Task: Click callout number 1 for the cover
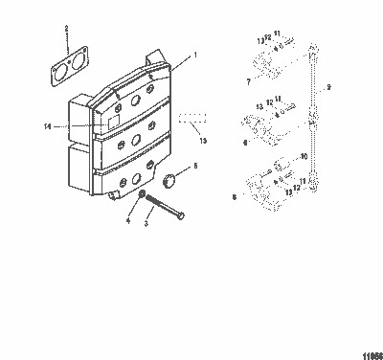(197, 56)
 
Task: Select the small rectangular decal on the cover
(111, 124)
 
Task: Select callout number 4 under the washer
(128, 222)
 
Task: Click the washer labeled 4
(142, 197)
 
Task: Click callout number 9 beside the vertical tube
(328, 87)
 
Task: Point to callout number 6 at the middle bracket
(247, 141)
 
